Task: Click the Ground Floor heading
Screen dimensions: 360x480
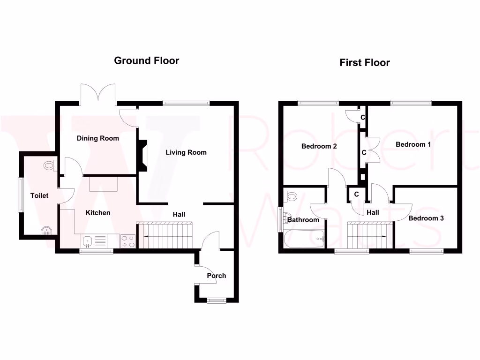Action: tap(147, 60)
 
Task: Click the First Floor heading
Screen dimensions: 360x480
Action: tap(365, 63)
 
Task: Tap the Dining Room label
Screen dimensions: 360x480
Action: tap(98, 138)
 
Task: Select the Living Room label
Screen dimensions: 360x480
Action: tap(186, 152)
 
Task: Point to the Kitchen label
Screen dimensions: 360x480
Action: tap(98, 213)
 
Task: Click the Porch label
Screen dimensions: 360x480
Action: tap(217, 276)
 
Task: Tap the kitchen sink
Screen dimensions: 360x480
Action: tap(87, 241)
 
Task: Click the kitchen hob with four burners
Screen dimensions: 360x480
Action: tap(128, 241)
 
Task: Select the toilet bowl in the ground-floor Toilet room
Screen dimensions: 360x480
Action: tap(50, 165)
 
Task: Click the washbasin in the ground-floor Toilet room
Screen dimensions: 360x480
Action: tap(46, 230)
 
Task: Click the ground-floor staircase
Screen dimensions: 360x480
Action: tap(166, 235)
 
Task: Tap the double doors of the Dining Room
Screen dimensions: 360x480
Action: tap(98, 92)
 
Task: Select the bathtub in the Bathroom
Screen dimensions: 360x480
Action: tap(304, 239)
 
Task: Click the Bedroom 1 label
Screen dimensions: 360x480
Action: tap(413, 144)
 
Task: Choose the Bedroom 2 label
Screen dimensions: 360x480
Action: tap(319, 146)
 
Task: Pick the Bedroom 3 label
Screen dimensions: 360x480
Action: tap(426, 218)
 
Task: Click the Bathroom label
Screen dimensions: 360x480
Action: tap(303, 220)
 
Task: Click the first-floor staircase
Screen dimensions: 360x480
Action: tap(369, 234)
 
